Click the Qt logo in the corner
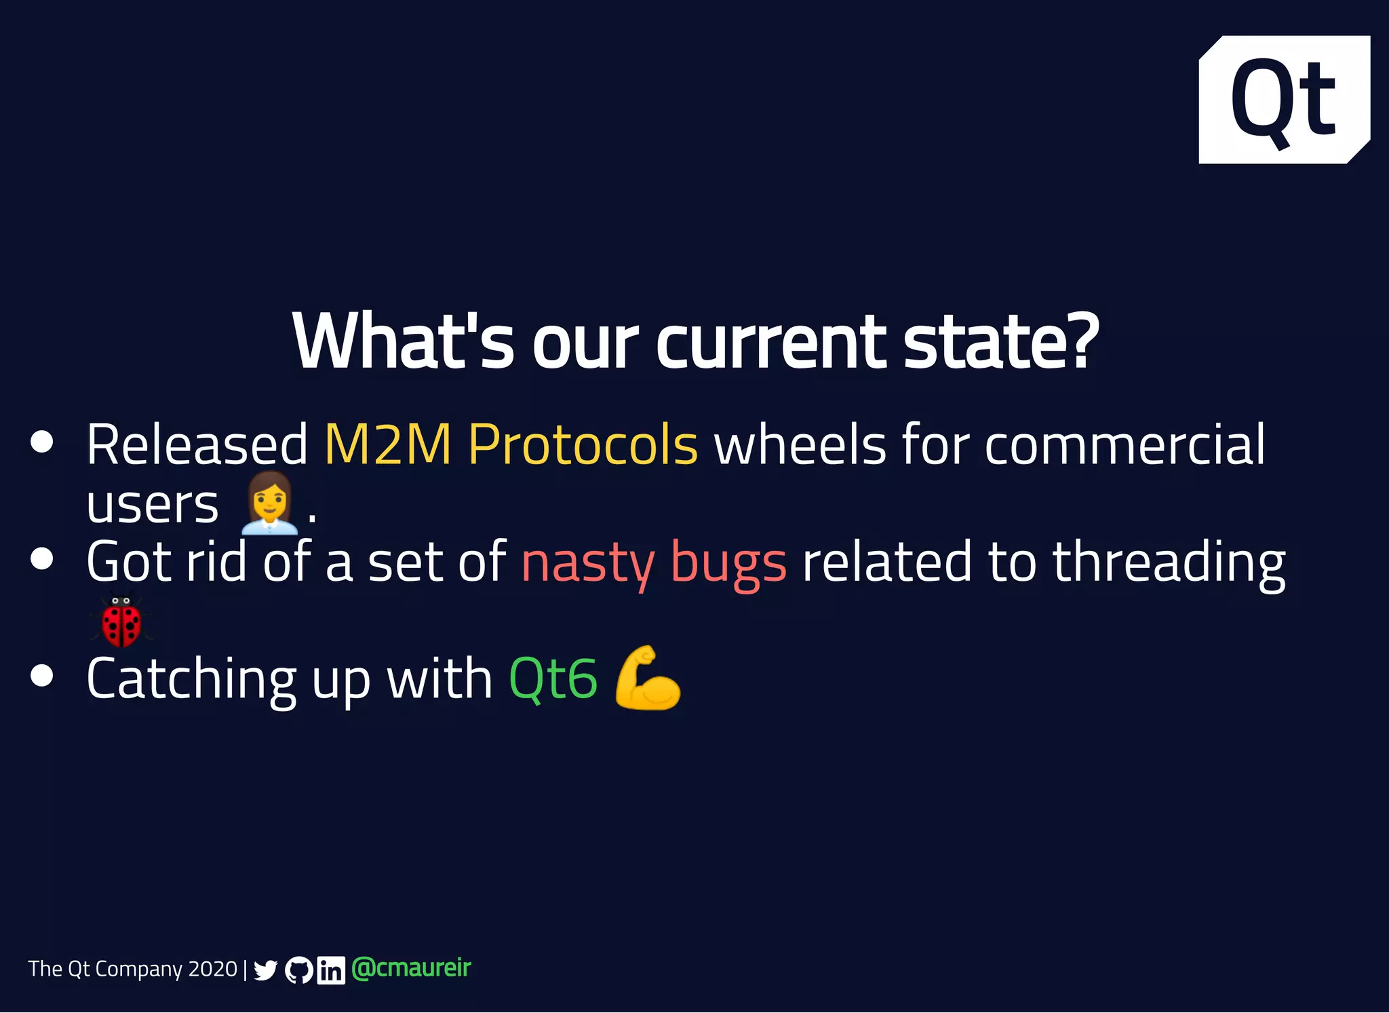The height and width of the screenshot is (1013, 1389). (1284, 100)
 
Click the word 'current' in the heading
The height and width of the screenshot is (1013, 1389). (770, 343)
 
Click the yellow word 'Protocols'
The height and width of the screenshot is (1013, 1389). (583, 445)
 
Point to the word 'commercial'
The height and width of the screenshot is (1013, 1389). (1124, 445)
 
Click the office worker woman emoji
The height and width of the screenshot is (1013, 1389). (269, 503)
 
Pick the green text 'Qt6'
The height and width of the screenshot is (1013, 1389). (553, 679)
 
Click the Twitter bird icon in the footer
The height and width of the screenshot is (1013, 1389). (265, 970)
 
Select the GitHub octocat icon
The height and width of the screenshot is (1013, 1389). (298, 970)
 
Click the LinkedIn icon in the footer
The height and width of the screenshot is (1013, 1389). (331, 970)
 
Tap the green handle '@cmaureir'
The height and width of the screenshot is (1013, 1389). (411, 968)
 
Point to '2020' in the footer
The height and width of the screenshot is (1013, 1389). (212, 969)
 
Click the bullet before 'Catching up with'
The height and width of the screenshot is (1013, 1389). (42, 676)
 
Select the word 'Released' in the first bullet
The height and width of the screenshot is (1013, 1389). (197, 445)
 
